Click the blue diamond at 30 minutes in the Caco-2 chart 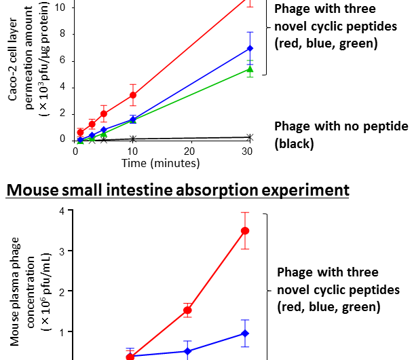[x=250, y=48]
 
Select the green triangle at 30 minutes [x=250, y=69]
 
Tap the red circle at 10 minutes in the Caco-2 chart [x=133, y=95]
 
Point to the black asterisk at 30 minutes [x=250, y=137]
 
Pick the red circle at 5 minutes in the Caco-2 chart [x=104, y=113]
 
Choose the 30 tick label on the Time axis [x=248, y=151]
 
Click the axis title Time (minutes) [x=161, y=163]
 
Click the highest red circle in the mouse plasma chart [x=246, y=231]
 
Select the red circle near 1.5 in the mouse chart [x=188, y=310]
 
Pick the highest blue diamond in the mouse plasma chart [x=246, y=334]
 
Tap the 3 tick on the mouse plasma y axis [x=62, y=251]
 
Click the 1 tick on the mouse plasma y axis [x=62, y=332]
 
